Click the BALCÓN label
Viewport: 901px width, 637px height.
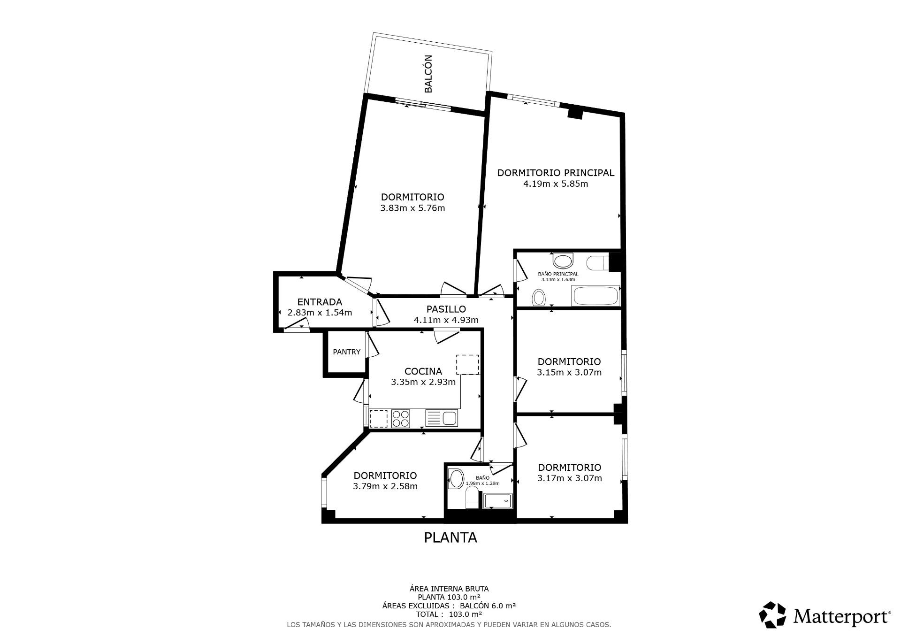[428, 74]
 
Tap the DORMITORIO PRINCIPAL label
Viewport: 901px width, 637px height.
[556, 173]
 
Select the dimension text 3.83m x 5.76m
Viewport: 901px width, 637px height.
[412, 208]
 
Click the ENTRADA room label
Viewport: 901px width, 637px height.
[320, 302]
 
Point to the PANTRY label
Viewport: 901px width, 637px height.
[347, 352]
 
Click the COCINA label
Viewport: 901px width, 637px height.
[423, 371]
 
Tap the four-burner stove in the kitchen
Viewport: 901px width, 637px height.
[401, 418]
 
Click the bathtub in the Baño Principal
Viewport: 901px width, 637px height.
[595, 296]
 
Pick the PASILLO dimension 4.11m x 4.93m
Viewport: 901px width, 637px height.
[446, 320]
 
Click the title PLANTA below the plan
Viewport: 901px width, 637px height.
[450, 537]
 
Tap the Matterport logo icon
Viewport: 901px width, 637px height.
[772, 615]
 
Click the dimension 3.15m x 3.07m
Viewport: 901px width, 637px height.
[569, 372]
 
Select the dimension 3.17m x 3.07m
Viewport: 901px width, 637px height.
[570, 478]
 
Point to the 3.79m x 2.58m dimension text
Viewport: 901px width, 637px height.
[385, 486]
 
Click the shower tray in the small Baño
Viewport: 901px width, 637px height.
[498, 501]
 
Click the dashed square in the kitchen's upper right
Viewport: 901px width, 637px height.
[467, 365]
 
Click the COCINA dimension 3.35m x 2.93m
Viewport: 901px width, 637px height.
[423, 382]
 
